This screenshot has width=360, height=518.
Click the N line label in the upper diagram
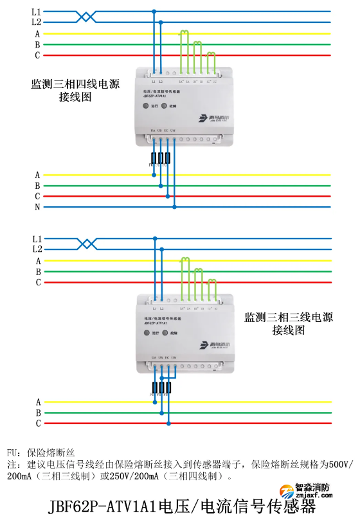[37, 207]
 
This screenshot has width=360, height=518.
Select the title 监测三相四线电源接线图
[75, 91]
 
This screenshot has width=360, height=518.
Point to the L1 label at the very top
[36, 12]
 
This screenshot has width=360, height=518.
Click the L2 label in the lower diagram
[37, 249]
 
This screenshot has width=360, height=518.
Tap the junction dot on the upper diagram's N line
[175, 207]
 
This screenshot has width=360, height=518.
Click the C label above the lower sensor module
[38, 282]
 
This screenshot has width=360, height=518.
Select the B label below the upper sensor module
[37, 185]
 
